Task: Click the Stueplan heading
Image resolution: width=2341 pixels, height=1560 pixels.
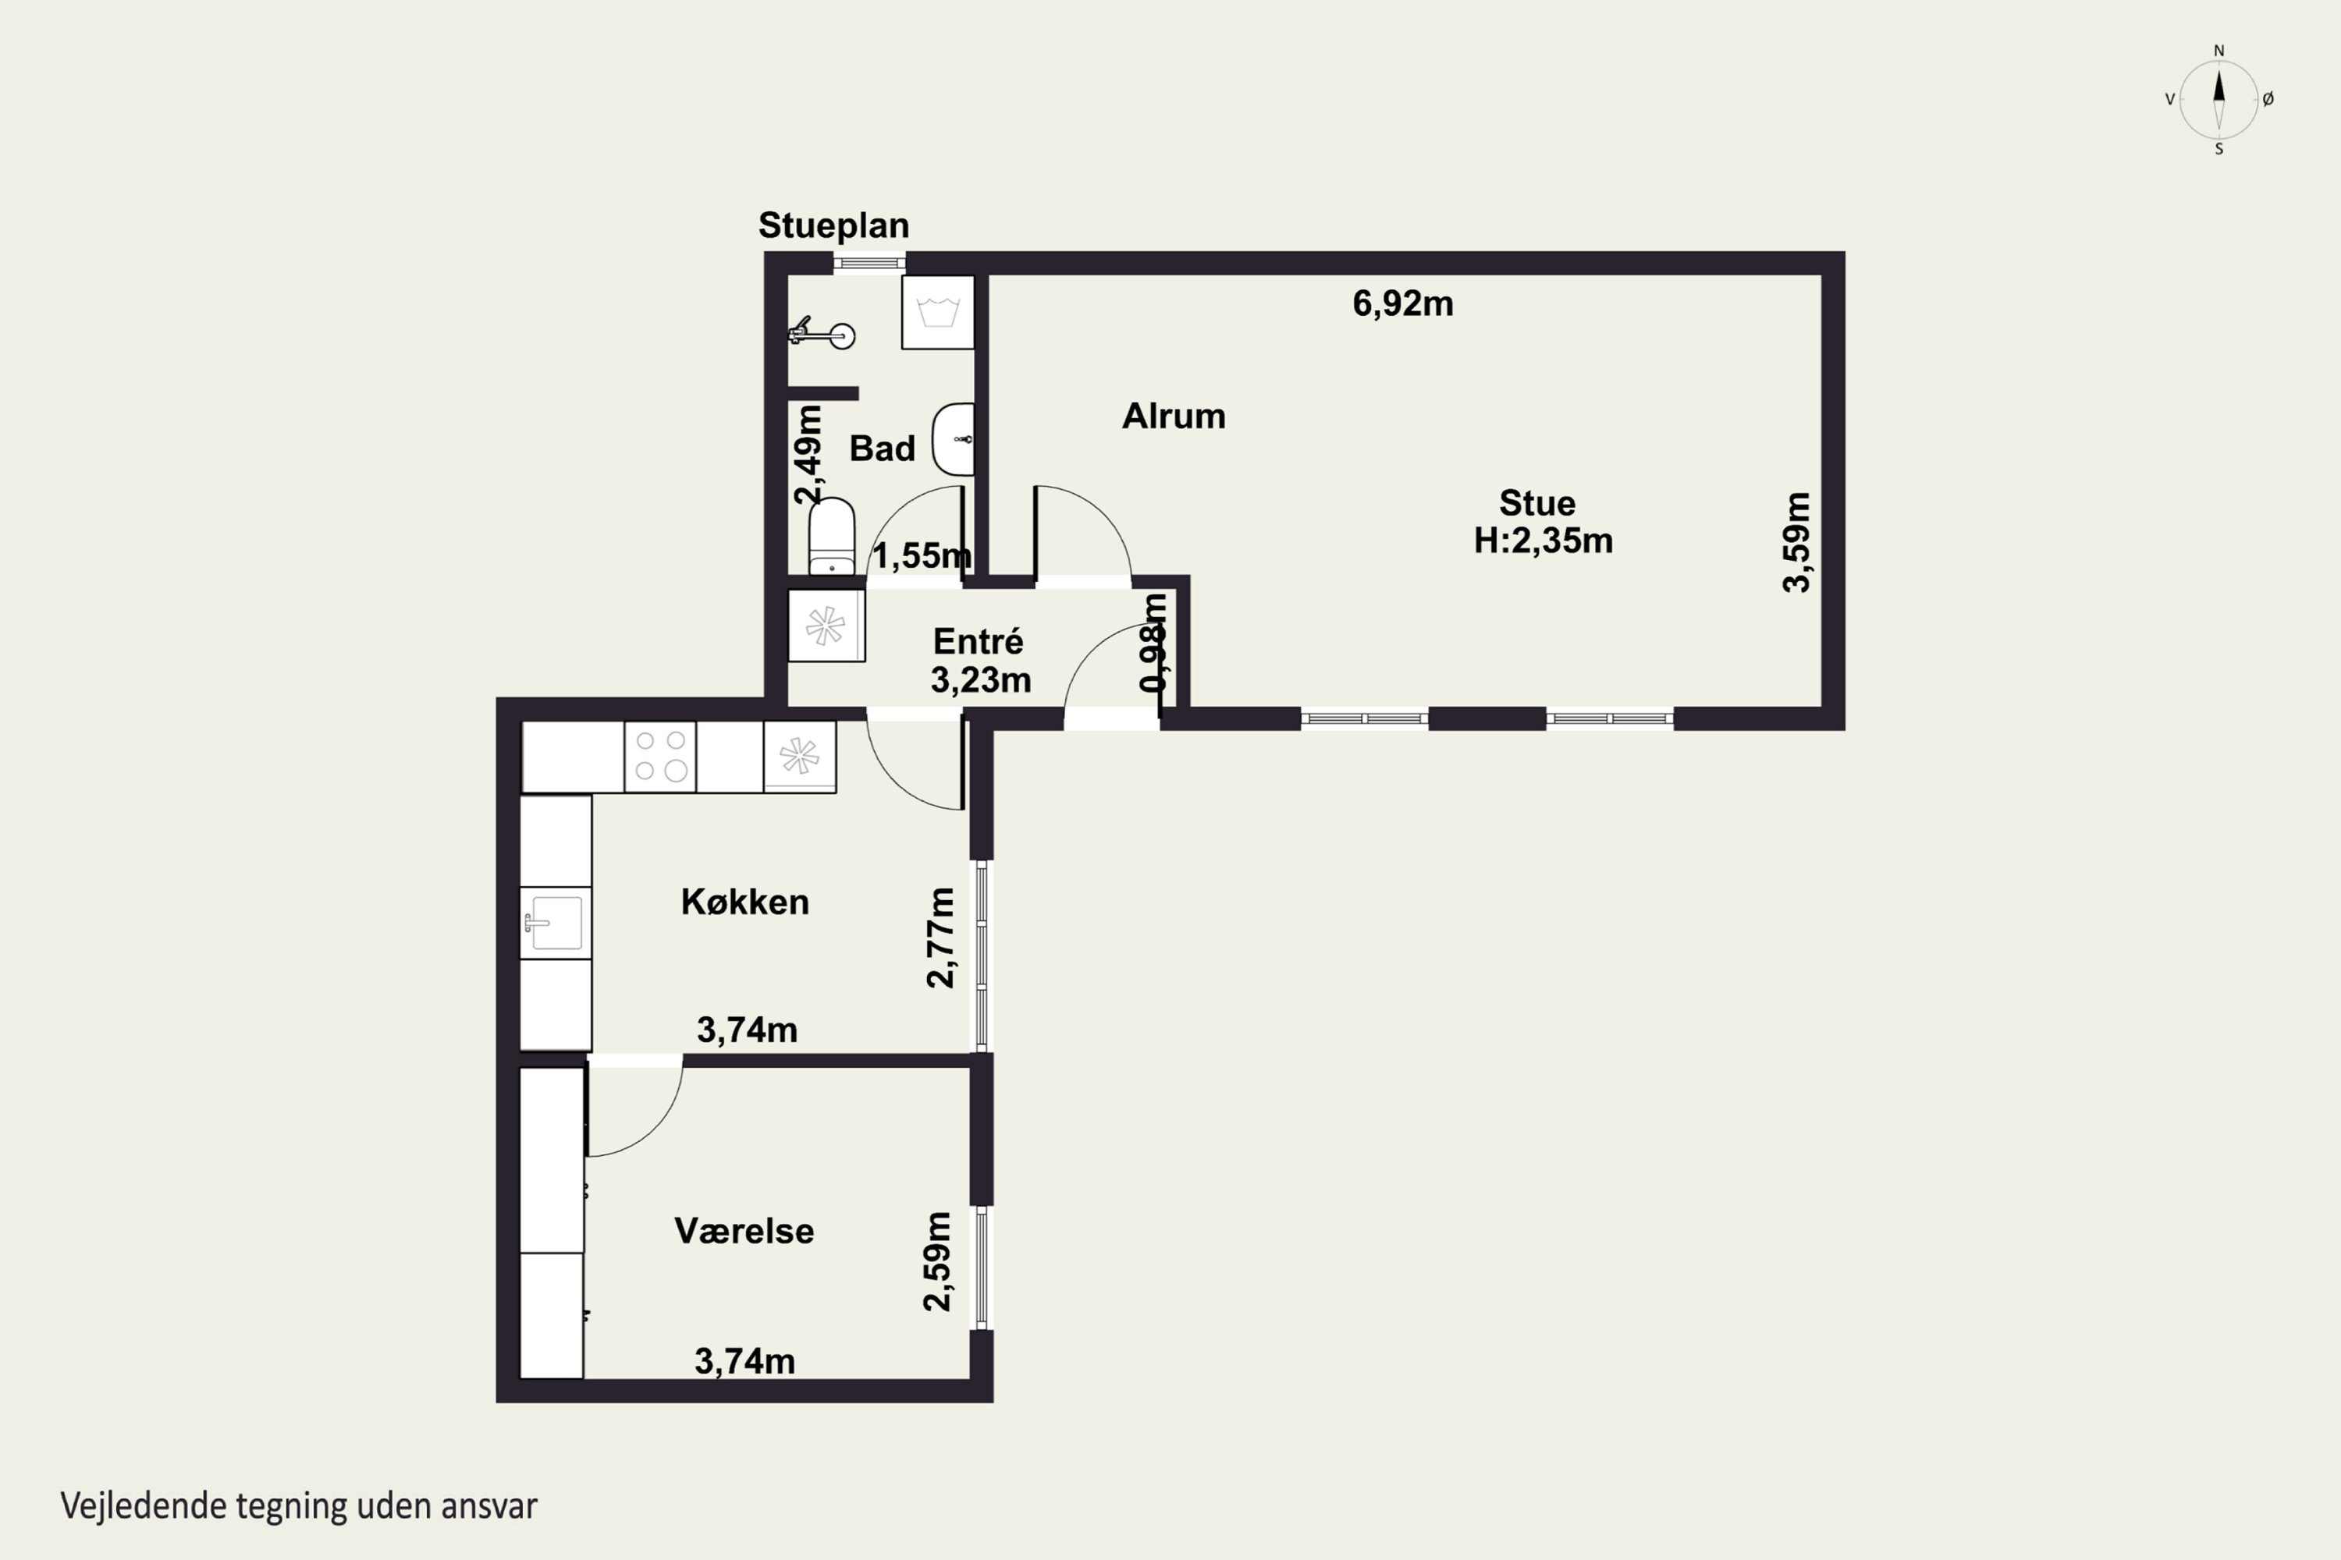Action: coord(834,226)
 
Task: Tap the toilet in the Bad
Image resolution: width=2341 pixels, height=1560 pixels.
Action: coord(831,537)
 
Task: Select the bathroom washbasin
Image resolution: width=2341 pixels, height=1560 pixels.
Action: coord(954,438)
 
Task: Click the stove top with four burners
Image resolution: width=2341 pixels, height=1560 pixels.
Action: coord(660,756)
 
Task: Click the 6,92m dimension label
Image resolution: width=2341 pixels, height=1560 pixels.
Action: coord(1402,303)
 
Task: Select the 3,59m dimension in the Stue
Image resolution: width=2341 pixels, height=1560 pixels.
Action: coord(1796,542)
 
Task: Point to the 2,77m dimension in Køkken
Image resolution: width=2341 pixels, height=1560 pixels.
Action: coord(940,938)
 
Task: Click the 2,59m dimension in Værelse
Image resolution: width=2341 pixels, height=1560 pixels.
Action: coord(938,1260)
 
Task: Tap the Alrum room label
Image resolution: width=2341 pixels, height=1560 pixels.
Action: coord(1174,416)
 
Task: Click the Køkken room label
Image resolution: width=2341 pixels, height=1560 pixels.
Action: coord(744,902)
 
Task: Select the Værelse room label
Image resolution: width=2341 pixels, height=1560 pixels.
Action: coord(744,1231)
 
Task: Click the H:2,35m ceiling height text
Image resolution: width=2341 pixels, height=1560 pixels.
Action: coord(1543,541)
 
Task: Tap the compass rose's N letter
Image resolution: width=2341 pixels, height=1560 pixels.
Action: coord(2218,51)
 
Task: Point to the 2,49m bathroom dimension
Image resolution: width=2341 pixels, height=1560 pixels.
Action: coord(808,454)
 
